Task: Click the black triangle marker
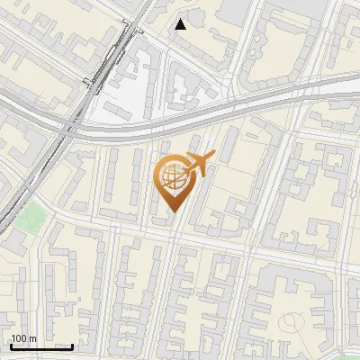pos(181,24)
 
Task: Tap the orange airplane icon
pos(198,164)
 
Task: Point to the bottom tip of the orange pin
pos(174,212)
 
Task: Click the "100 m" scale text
pos(23,338)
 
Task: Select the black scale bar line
pos(41,346)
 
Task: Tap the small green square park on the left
pos(33,217)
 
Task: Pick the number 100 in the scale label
pos(19,338)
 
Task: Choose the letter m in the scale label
pos(32,338)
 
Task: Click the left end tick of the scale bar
pos(11,345)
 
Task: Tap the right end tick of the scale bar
pos(72,345)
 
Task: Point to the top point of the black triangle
pos(181,19)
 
